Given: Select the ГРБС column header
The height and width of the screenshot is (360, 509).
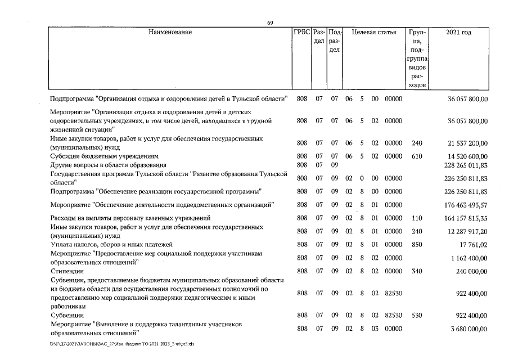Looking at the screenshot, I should coord(301,32).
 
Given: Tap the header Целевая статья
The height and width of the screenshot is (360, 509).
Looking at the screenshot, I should coord(373,32).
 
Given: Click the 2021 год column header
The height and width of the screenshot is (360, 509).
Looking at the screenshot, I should coord(458,32).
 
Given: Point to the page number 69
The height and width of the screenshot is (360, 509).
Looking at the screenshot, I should coord(270,22).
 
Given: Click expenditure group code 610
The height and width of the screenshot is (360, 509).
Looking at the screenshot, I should coord(416,156).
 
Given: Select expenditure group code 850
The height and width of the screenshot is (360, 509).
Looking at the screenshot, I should coord(416,245).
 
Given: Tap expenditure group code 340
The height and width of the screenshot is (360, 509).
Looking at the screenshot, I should coord(416,271).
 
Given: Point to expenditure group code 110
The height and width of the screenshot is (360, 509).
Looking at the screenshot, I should coord(416,218).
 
